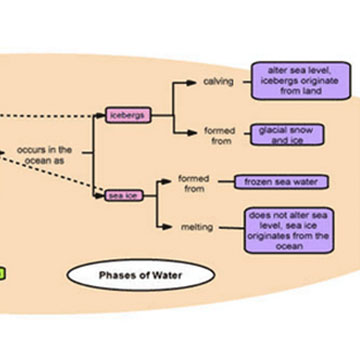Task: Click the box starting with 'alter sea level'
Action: pos(291,80)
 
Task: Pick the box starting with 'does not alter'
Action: pos(289,229)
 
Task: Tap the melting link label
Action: pos(196,227)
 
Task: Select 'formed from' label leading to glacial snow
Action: pos(219,135)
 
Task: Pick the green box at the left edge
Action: pos(3,271)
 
